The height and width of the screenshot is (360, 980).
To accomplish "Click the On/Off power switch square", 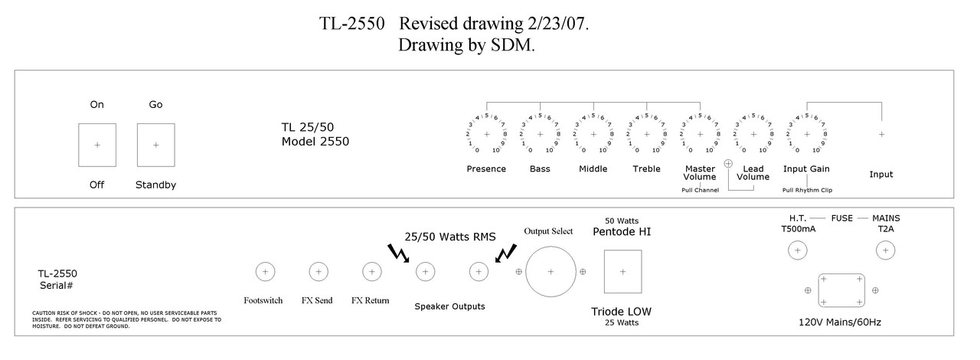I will click(97, 145).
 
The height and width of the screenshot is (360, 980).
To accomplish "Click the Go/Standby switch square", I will click(156, 145).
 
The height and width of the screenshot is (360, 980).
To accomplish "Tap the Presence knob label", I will click(486, 169).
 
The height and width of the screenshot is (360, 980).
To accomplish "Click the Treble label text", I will click(646, 169).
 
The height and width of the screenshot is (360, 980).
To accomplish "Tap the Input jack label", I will click(881, 175).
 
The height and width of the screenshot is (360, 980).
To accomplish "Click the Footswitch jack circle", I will click(265, 271).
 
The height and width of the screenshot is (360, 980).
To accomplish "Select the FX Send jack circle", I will click(318, 271).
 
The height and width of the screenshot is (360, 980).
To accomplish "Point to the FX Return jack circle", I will click(371, 271).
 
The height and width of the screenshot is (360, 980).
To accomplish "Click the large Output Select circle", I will click(550, 271).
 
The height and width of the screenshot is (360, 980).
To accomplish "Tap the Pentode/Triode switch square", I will click(622, 271).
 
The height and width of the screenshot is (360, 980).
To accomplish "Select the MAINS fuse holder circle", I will click(886, 250).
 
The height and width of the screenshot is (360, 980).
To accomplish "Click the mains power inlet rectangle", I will click(841, 290).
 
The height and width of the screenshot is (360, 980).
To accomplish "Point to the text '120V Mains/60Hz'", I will click(840, 322).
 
